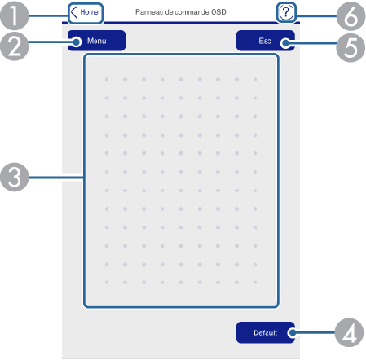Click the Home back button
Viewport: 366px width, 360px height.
point(86,13)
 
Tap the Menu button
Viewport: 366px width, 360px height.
point(97,41)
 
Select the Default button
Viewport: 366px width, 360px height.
point(266,332)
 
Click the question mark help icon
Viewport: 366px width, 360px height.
point(286,12)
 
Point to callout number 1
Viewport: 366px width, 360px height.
point(14,15)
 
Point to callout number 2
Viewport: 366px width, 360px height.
point(14,46)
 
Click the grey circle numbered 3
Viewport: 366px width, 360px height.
point(14,178)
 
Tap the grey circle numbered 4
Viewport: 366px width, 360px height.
point(350,332)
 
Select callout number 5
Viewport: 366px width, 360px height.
point(351,47)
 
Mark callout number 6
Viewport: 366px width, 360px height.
point(351,15)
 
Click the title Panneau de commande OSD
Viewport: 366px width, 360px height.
point(181,12)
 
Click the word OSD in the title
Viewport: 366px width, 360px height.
point(218,12)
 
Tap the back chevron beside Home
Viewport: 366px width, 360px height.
point(74,12)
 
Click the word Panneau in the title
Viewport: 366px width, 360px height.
point(149,12)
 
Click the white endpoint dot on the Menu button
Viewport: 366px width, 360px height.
point(77,42)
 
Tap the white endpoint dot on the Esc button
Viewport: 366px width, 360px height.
point(285,43)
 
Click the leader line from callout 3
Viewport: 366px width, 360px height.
point(56,178)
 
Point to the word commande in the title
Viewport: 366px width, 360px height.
point(192,12)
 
